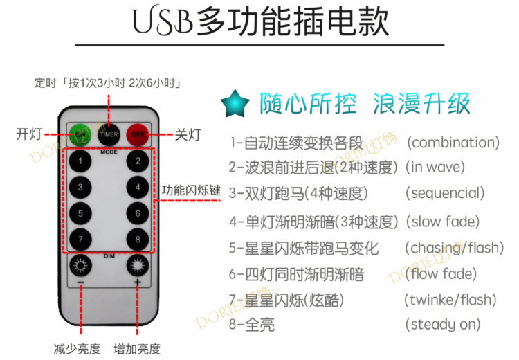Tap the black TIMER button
(x=109, y=133)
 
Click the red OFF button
(x=138, y=133)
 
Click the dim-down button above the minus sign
(x=81, y=265)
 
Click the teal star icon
(x=235, y=103)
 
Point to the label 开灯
(x=32, y=134)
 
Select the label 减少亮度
(x=77, y=348)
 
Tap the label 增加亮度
(x=137, y=348)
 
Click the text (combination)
(x=453, y=143)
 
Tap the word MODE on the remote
(x=109, y=150)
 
